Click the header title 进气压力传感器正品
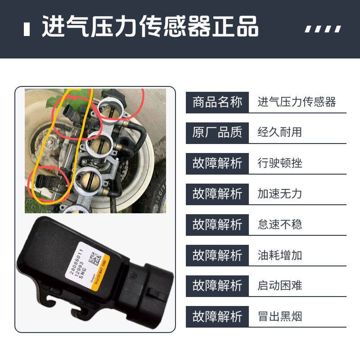coord(150,28)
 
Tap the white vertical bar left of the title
coord(27,29)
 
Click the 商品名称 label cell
coord(217,102)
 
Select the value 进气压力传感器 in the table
coord(297,102)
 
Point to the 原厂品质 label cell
coord(217,132)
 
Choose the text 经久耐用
coord(279,132)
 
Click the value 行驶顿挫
coord(279,163)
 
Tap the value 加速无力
coord(279,193)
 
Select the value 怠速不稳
coord(279,224)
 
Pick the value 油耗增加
coord(279,255)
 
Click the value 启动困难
coord(279,286)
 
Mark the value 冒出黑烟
coord(279,316)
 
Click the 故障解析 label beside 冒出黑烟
coord(217,316)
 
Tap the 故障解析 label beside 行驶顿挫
coord(217,163)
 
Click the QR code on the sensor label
coord(94,259)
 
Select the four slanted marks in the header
coord(323,29)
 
